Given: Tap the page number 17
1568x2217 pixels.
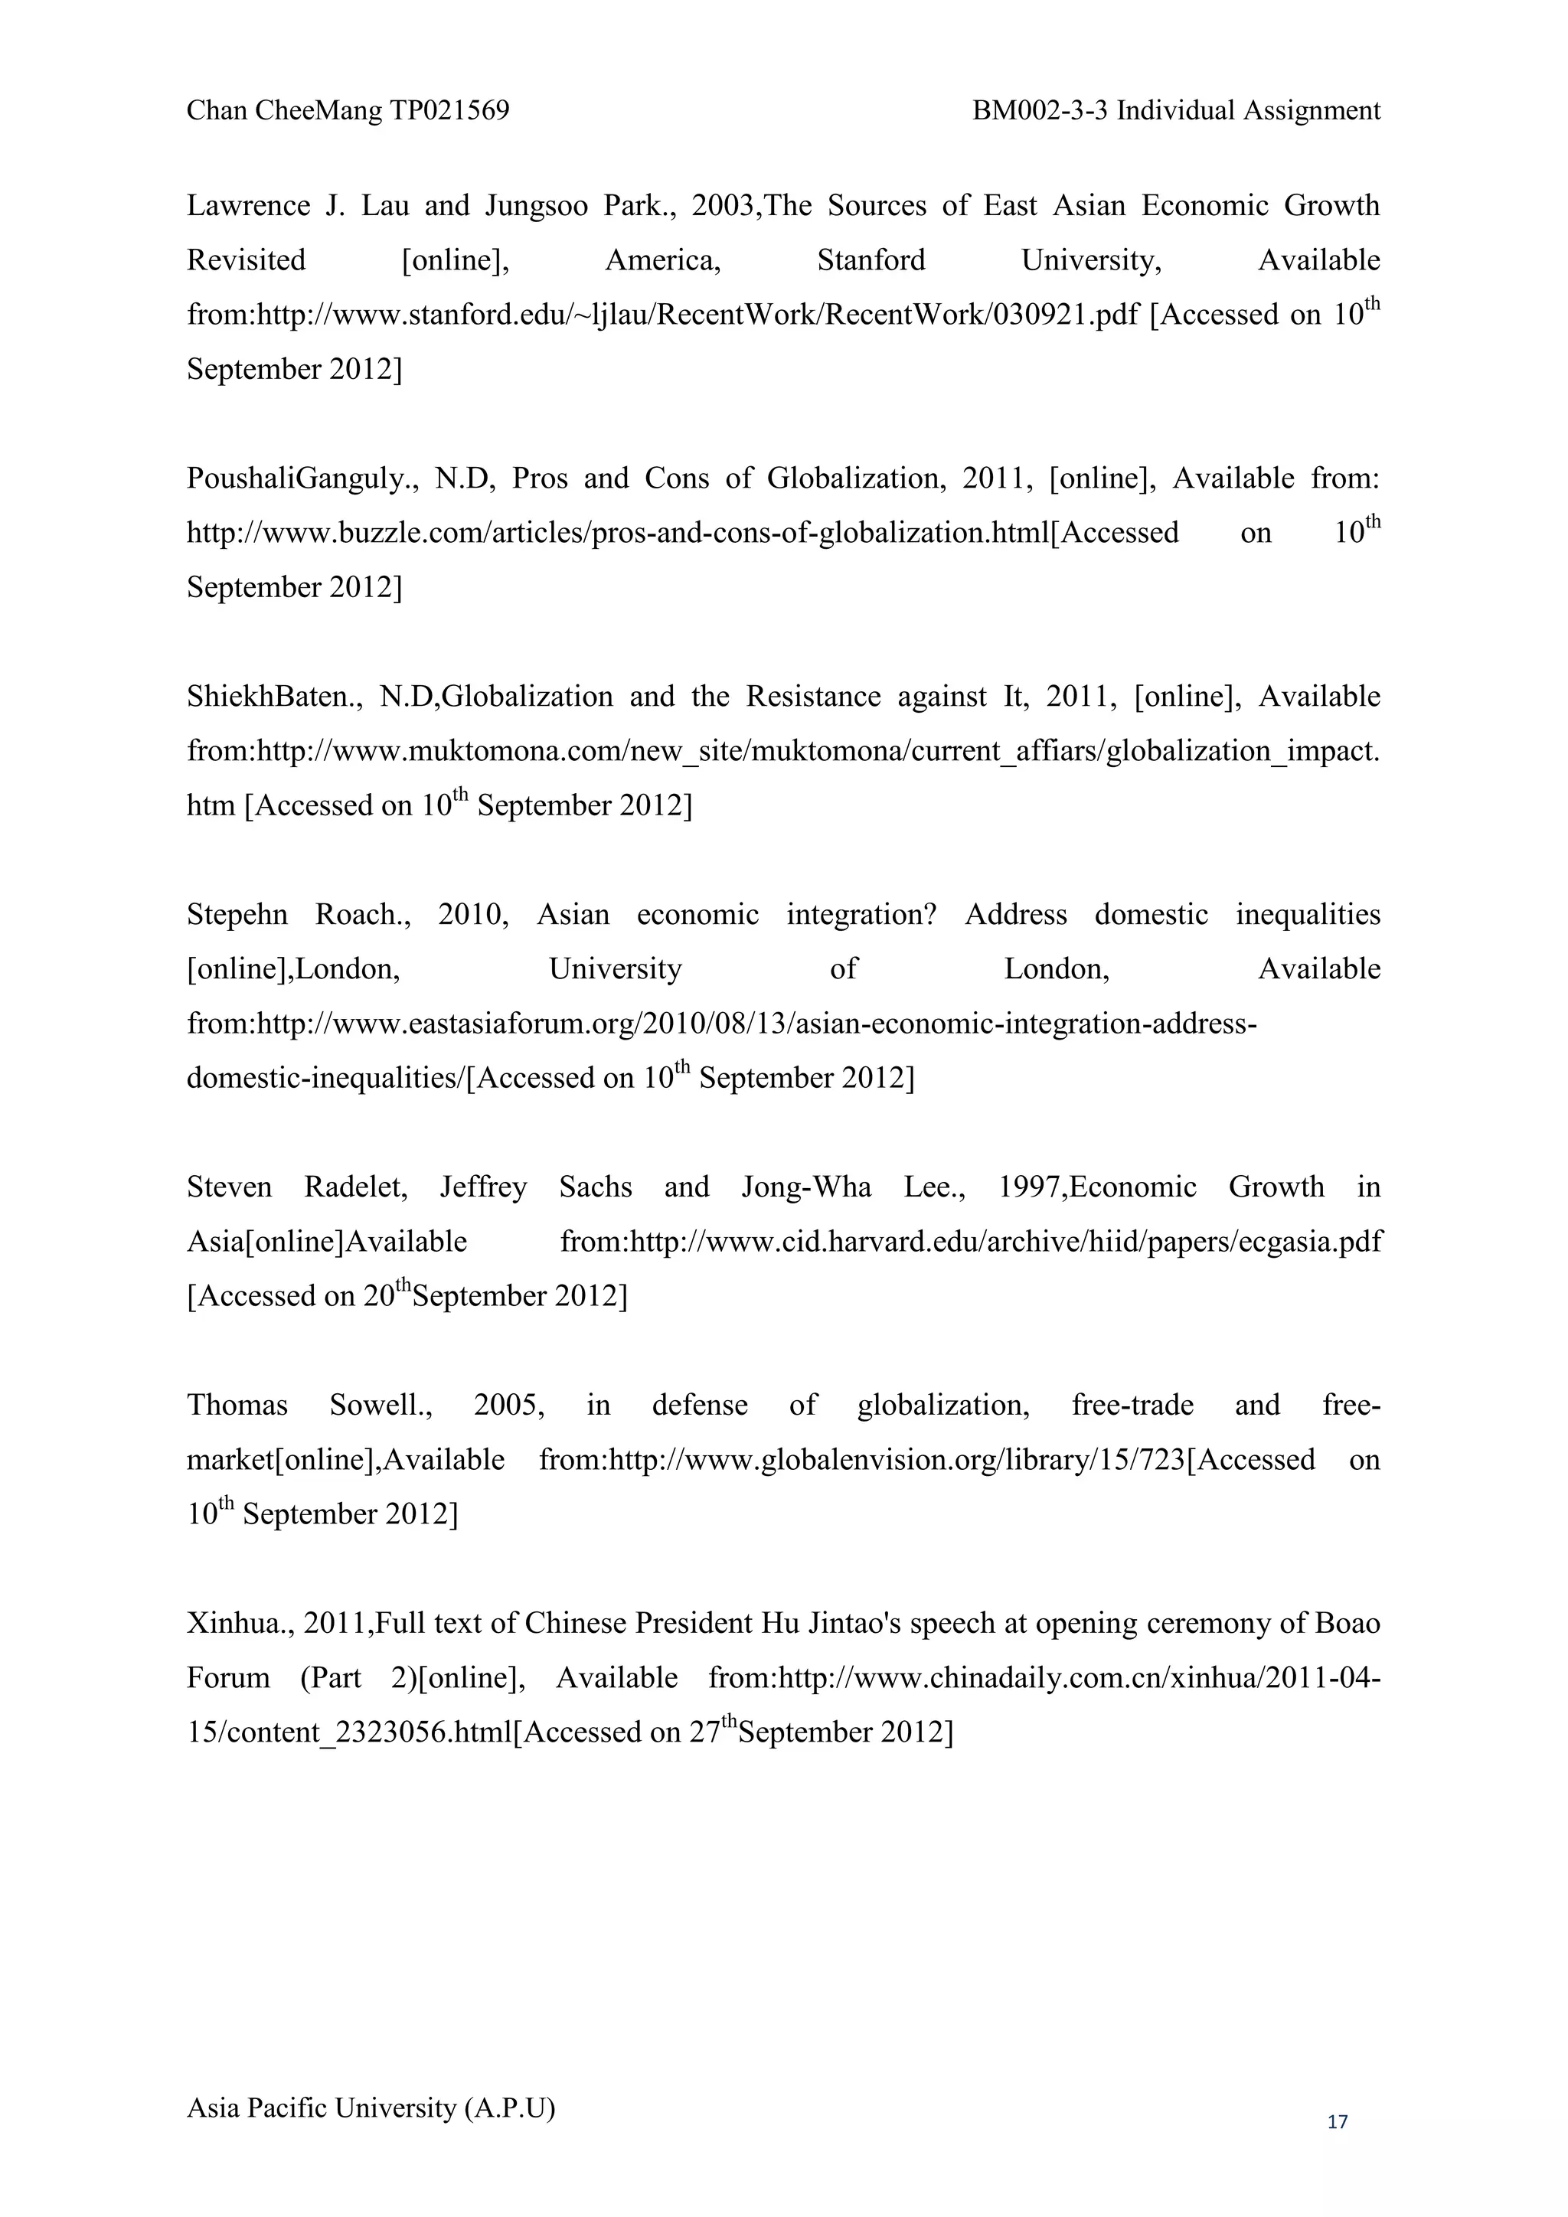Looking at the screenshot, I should pos(1338,2121).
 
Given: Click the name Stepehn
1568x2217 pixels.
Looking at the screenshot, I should pos(237,914).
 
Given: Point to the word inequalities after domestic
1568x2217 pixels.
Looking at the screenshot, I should pos(1308,914).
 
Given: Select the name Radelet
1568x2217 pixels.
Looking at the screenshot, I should pos(355,1187).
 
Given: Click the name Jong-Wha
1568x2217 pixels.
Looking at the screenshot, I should pos(806,1187).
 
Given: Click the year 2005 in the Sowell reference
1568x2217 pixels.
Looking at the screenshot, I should pos(508,1405).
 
